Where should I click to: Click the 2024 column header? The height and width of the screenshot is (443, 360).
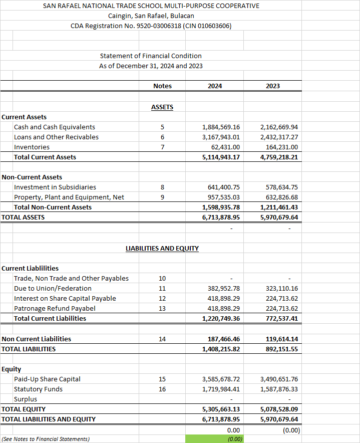[215, 86]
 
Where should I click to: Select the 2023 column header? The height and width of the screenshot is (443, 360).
[273, 86]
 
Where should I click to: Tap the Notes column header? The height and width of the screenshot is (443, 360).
[162, 86]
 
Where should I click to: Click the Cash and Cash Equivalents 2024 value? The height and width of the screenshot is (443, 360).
[221, 127]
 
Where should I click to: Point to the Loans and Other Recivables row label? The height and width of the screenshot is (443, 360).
[56, 137]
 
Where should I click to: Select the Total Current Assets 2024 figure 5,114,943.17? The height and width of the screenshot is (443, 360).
[221, 157]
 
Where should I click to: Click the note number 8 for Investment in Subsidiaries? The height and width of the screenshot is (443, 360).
[162, 187]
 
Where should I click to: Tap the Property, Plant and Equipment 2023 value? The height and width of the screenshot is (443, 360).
[279, 197]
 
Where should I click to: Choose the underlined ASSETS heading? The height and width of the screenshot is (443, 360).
[162, 107]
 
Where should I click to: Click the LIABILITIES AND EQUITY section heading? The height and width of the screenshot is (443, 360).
[162, 249]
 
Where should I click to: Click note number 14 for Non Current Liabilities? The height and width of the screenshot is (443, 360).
[162, 339]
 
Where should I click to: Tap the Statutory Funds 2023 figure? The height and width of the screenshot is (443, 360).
[279, 389]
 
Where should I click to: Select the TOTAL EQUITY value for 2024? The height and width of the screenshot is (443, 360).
[221, 409]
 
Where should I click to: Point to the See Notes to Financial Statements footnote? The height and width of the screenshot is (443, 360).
[46, 439]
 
